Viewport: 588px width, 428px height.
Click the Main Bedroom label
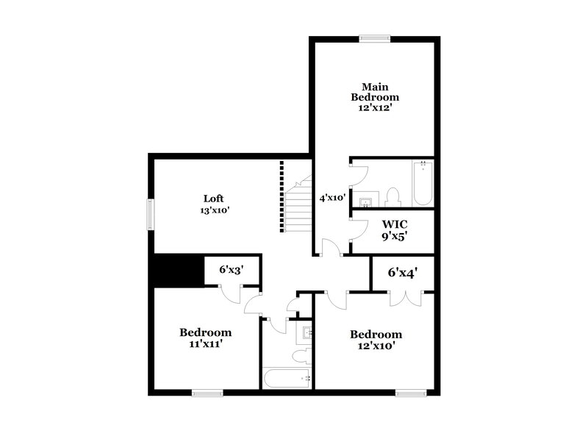(374, 90)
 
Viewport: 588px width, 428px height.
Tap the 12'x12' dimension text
(374, 107)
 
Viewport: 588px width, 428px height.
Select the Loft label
(214, 198)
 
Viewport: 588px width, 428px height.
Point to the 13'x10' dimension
(214, 210)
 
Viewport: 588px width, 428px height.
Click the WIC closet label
(394, 224)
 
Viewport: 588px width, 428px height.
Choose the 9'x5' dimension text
(394, 237)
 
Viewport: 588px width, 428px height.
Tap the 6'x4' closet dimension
(403, 273)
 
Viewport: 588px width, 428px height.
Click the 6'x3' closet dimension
(229, 269)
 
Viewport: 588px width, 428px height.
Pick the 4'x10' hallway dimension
(332, 197)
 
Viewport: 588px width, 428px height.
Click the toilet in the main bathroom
(392, 196)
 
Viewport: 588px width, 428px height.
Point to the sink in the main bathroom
(365, 199)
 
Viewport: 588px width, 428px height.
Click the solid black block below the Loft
(176, 270)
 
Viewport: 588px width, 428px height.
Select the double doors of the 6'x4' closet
(403, 297)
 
